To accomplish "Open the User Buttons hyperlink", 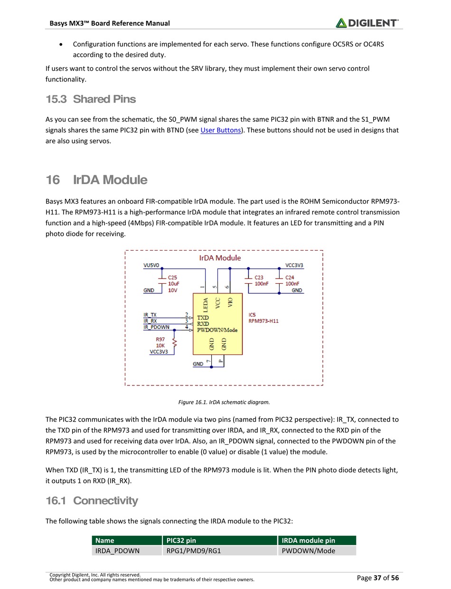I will (x=221, y=130).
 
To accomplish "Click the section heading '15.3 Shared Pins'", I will (x=91, y=99).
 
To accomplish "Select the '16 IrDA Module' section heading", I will (x=96, y=180).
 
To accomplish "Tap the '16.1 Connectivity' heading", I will (x=92, y=501).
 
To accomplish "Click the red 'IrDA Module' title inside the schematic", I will (x=220, y=258).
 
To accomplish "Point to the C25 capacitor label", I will (x=173, y=277).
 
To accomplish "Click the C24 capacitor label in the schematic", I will (x=290, y=277).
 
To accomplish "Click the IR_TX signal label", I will (x=150, y=315).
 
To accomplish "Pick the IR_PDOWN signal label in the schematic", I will (x=156, y=327).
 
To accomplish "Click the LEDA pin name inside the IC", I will (x=206, y=304).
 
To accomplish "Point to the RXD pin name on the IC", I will (x=203, y=324).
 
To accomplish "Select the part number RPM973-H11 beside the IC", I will (x=263, y=321).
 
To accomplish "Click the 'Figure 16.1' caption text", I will (x=224, y=402).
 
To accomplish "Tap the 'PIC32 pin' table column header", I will (x=181, y=540).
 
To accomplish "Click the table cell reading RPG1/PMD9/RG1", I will (x=193, y=551).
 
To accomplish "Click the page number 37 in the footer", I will (x=378, y=578).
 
